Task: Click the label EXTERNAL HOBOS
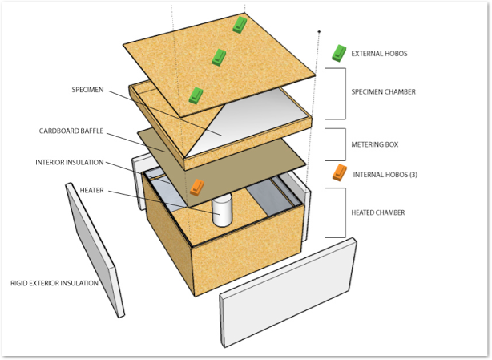(379, 54)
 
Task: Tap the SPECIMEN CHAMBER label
(383, 92)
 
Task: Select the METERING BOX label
(375, 145)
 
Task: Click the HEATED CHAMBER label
(378, 212)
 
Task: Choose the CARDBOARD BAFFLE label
(72, 131)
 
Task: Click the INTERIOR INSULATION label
(70, 162)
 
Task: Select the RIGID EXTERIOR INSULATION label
(54, 283)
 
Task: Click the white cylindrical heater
(221, 209)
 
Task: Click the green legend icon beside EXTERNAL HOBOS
(339, 53)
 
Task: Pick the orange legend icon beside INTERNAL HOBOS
(341, 172)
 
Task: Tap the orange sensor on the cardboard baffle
(197, 188)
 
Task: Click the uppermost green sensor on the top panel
(240, 25)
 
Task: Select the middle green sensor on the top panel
(218, 56)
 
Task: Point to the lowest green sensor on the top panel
(196, 95)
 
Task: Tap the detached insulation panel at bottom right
(288, 293)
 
